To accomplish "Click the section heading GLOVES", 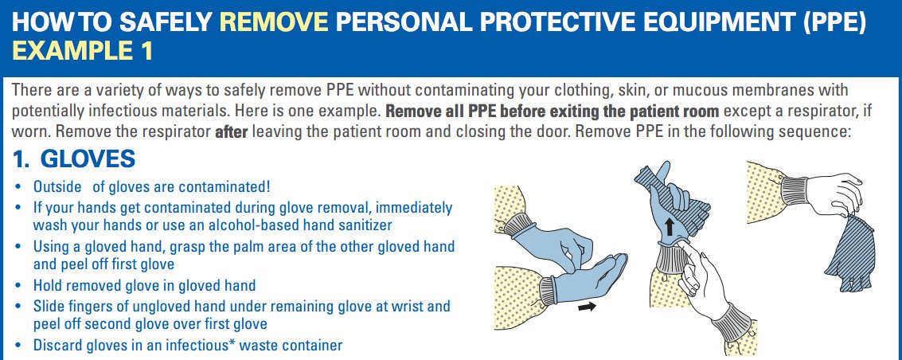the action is click(88, 159).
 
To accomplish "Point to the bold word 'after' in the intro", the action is click(231, 132).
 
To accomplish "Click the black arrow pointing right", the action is click(588, 307).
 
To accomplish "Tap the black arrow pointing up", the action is click(669, 226).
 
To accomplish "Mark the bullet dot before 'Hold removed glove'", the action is click(20, 285).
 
